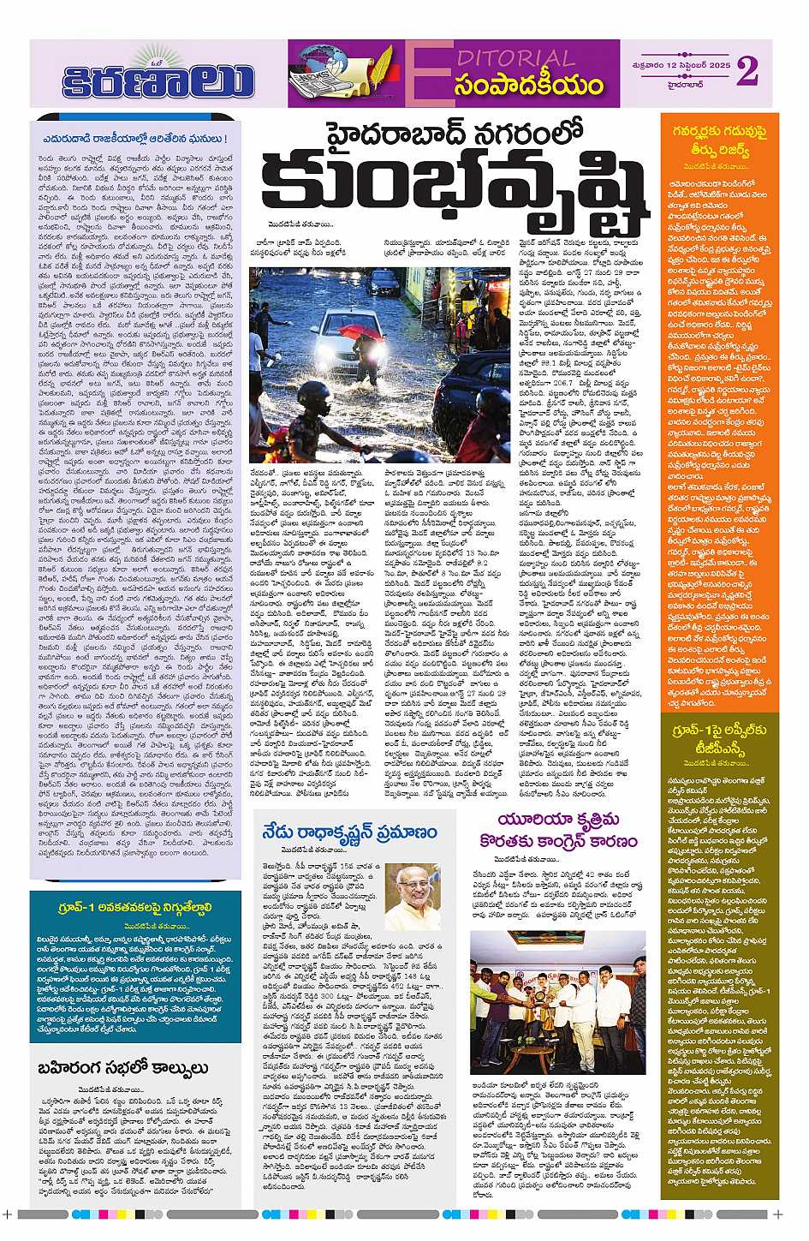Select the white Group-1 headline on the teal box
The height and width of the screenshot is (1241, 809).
[x=133, y=908]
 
